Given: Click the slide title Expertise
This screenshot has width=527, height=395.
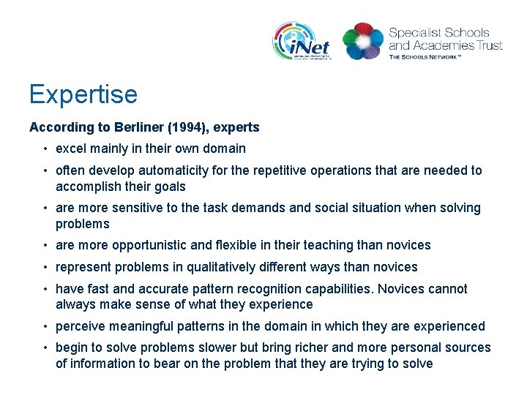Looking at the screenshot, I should coord(83,94).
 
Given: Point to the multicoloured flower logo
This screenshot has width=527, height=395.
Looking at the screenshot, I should coord(363,41).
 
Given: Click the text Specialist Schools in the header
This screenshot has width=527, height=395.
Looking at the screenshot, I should coord(438,33).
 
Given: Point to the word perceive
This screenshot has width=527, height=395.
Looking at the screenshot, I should coord(81,326).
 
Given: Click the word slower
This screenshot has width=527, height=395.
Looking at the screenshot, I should coord(218,347).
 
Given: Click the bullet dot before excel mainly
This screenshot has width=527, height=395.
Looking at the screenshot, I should coord(45,149).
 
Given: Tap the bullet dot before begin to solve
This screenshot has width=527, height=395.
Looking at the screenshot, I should coord(45,348).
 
